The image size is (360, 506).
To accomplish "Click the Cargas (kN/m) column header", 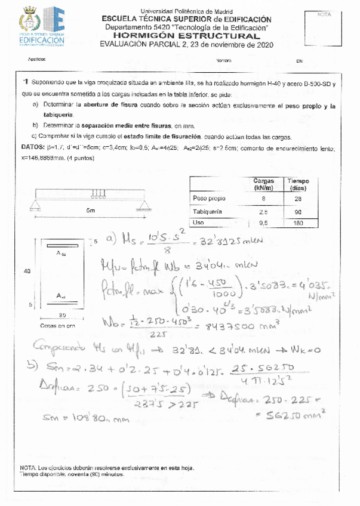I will [263, 184].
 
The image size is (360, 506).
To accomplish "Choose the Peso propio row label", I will [209, 198].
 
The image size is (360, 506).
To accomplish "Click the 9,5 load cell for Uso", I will [263, 223].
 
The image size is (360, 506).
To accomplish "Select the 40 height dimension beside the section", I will [27, 271].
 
